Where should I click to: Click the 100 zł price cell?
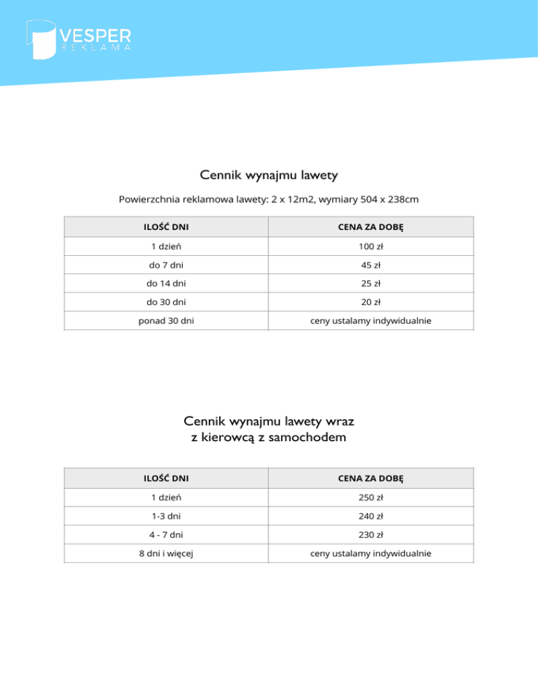click(x=371, y=247)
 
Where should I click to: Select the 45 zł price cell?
click(x=371, y=266)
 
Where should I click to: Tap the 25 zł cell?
click(x=371, y=284)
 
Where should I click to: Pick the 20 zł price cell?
click(x=371, y=302)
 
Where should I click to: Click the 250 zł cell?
click(x=371, y=498)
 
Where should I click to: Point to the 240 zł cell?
click(x=371, y=516)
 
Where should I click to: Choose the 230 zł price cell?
click(x=371, y=535)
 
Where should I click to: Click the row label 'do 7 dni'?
click(x=167, y=266)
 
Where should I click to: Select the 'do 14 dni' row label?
click(x=167, y=284)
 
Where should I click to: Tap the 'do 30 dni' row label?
click(x=167, y=302)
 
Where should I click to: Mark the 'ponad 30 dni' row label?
click(x=167, y=321)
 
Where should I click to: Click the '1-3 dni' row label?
click(x=167, y=516)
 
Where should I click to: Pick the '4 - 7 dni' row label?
click(x=167, y=535)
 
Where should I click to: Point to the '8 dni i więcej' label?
click(x=167, y=553)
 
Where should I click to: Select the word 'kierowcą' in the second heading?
click(x=235, y=438)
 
